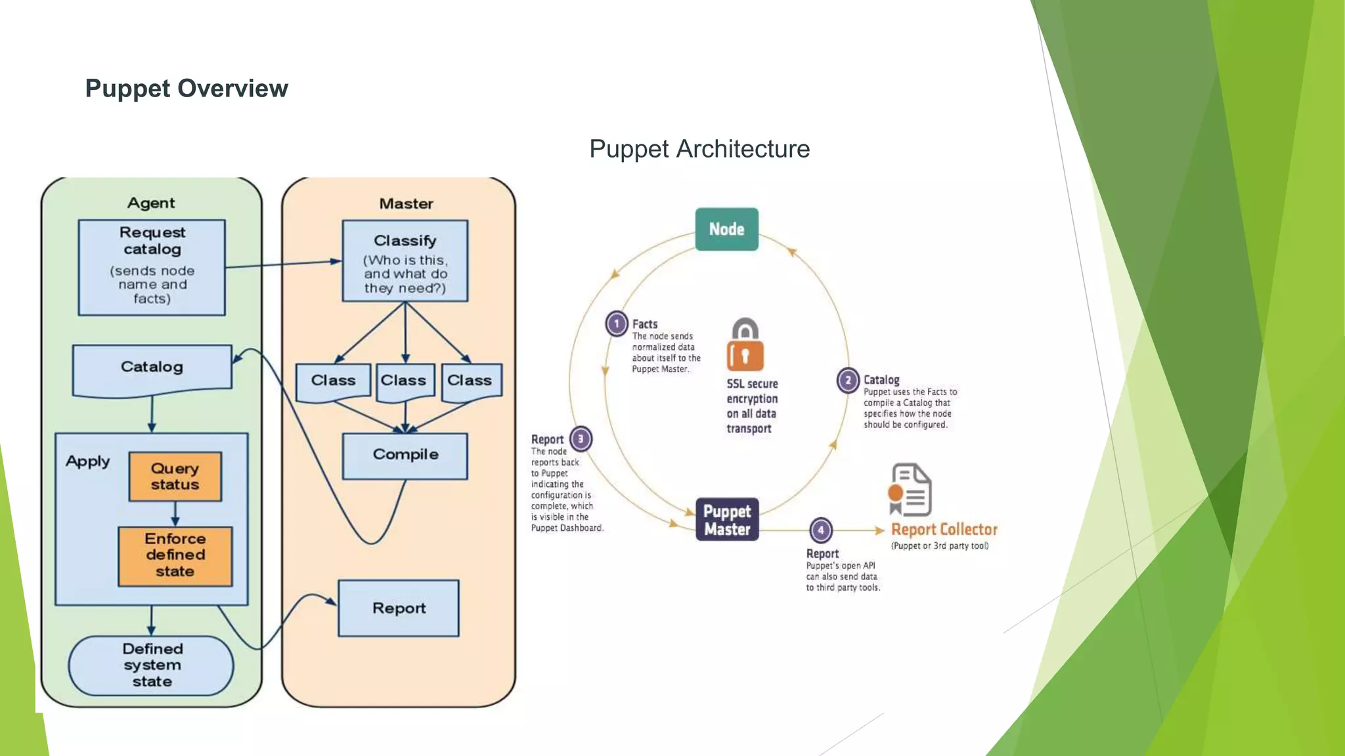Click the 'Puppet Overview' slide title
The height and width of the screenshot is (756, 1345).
pyautogui.click(x=187, y=89)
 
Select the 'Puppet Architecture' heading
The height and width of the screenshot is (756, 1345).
pyautogui.click(x=699, y=149)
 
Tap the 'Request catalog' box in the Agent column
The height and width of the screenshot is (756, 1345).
pyautogui.click(x=152, y=267)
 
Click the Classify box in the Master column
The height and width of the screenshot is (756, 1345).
pyautogui.click(x=405, y=261)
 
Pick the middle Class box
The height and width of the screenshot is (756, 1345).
pyautogui.click(x=405, y=381)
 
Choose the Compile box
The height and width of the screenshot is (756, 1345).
pyautogui.click(x=405, y=455)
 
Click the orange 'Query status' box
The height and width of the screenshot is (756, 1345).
pyautogui.click(x=175, y=476)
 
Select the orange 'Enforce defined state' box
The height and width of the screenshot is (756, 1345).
pyautogui.click(x=175, y=556)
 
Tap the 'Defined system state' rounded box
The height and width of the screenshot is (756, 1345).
pyautogui.click(x=152, y=665)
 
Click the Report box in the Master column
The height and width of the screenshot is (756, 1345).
pyautogui.click(x=399, y=608)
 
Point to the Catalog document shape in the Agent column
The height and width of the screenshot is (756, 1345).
pyautogui.click(x=152, y=368)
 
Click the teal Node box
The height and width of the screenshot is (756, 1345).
pyautogui.click(x=726, y=229)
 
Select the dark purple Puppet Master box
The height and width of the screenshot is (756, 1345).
pyautogui.click(x=727, y=520)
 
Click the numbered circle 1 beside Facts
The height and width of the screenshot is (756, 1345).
pyautogui.click(x=616, y=324)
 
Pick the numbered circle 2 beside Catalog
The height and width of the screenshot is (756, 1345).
pyautogui.click(x=848, y=380)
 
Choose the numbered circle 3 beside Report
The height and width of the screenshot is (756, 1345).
pyautogui.click(x=581, y=439)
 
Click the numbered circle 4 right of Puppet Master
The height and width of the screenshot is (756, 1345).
pyautogui.click(x=820, y=530)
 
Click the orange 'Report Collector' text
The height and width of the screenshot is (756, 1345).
pyautogui.click(x=944, y=530)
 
